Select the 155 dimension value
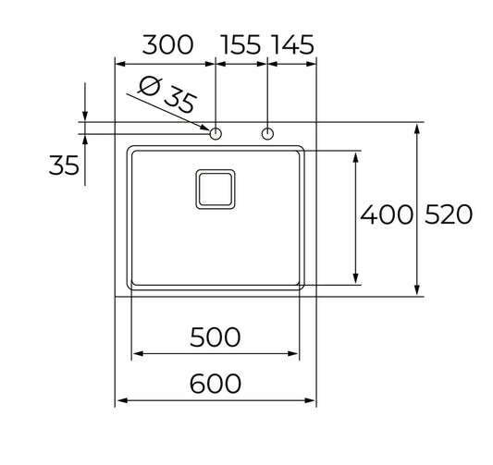242,44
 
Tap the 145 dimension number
292,44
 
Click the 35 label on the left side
63,165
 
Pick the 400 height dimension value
385,215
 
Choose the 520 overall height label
449,215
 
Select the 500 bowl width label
215,337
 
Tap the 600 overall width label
215,383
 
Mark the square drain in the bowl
216,188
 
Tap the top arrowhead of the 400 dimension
356,154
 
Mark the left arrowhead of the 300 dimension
119,63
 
